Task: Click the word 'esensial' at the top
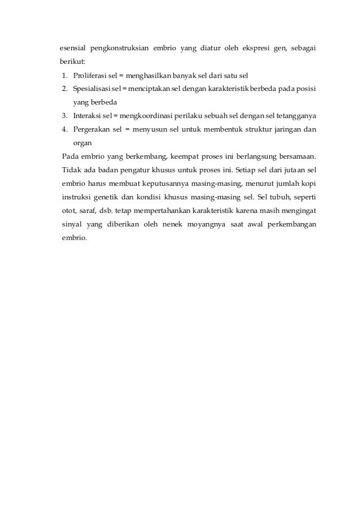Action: pyautogui.click(x=74, y=47)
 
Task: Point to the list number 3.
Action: pyautogui.click(x=65, y=116)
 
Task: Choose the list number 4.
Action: pyautogui.click(x=65, y=129)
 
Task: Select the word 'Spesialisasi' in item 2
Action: pyautogui.click(x=91, y=89)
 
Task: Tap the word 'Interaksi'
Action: pyautogui.click(x=88, y=116)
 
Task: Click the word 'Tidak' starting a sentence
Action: pyautogui.click(x=71, y=170)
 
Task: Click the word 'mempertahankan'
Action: pyautogui.click(x=161, y=211)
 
